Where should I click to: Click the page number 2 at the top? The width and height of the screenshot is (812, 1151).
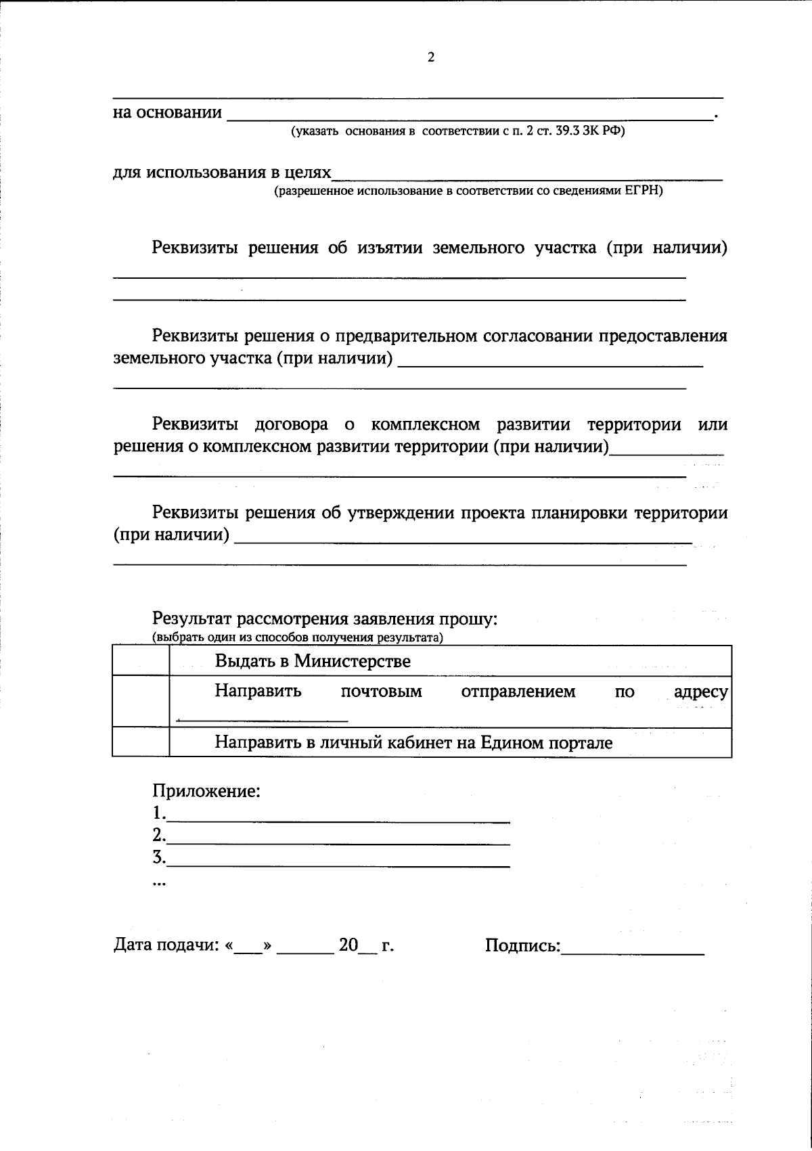point(431,58)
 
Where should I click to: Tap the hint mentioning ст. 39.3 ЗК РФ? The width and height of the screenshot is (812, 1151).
point(457,131)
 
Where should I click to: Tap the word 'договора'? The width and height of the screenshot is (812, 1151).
point(292,425)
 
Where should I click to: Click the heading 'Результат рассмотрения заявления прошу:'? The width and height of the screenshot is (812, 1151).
point(325,618)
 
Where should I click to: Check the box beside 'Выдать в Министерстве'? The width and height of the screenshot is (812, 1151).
point(140,660)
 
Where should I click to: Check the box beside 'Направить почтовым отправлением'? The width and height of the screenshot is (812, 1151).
point(140,701)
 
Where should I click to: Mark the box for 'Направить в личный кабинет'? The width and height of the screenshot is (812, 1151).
point(140,742)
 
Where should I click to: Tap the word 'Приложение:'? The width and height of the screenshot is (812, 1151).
point(206,790)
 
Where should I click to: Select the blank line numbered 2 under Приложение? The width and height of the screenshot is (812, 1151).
point(338,840)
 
